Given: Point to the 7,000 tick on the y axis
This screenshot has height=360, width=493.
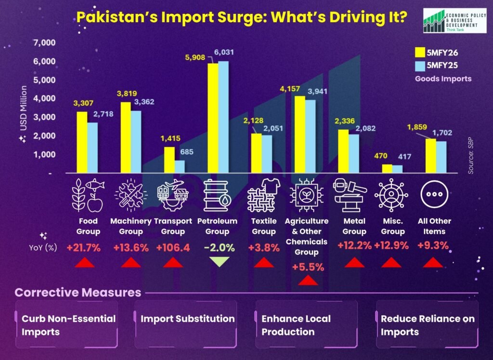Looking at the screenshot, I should pos(45,43).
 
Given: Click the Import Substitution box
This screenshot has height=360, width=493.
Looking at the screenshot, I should pos(187,324).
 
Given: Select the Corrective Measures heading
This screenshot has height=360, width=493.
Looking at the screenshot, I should pos(78,293).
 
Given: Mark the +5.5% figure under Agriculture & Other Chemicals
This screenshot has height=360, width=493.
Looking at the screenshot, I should pos(308,267).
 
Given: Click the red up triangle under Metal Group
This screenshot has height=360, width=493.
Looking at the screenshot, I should pos(355,262).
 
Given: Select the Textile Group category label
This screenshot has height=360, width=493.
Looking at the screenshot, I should pos(264,226).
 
